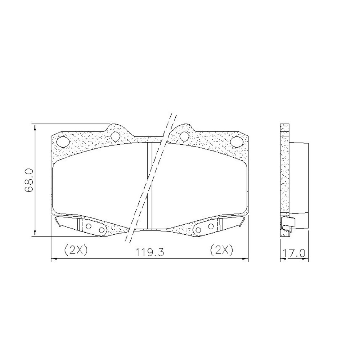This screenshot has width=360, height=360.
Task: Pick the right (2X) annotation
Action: [221, 250]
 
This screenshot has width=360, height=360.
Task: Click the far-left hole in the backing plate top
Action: [62, 141]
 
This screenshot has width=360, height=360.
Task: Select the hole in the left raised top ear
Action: [115, 136]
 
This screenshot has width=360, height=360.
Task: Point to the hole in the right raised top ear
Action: [184, 136]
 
